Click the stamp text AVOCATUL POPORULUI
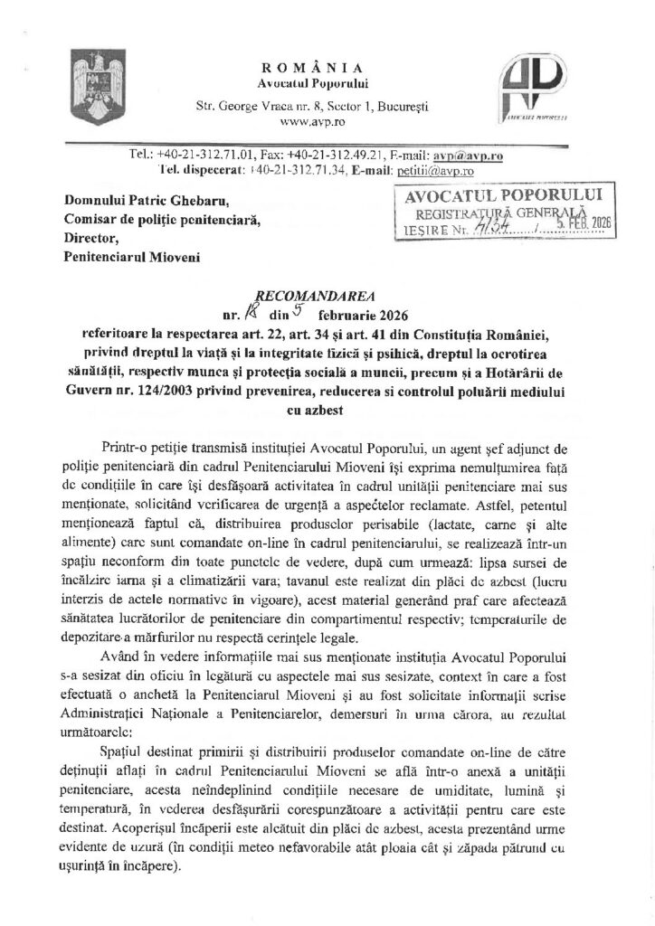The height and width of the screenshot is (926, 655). click(x=494, y=197)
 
